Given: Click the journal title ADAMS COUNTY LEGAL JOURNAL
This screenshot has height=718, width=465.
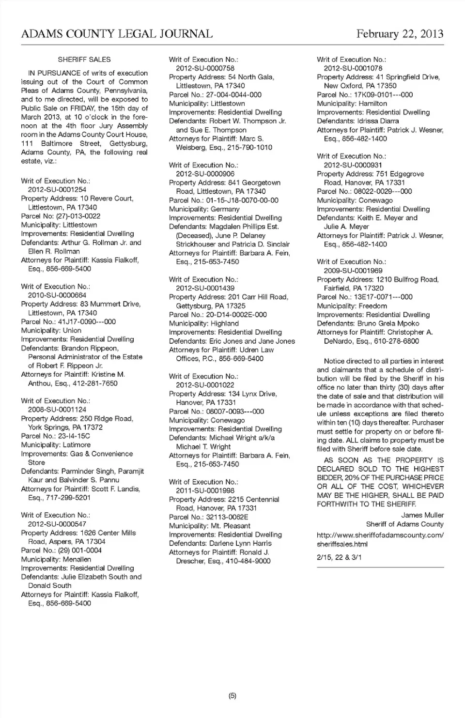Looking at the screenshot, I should (x=117, y=34).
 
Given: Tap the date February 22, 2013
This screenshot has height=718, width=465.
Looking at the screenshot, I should (x=400, y=34).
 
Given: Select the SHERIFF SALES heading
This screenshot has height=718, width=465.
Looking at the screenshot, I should (x=84, y=60).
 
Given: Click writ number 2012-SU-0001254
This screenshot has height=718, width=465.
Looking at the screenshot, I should (x=57, y=190).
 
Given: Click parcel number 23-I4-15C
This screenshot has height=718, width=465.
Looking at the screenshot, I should (x=74, y=436).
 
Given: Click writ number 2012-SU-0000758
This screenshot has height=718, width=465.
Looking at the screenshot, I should (x=205, y=68).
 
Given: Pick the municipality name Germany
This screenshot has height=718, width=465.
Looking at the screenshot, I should (x=225, y=209).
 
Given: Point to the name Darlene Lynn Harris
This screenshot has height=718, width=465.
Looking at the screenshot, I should (x=240, y=543).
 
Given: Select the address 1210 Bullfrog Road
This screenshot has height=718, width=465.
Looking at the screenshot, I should (x=407, y=279).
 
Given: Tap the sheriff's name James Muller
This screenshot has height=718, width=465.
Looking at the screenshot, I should (x=422, y=515).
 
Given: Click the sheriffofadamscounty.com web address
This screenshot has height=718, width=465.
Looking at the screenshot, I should (x=380, y=535).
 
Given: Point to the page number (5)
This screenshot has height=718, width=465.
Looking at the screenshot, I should (x=232, y=696).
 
